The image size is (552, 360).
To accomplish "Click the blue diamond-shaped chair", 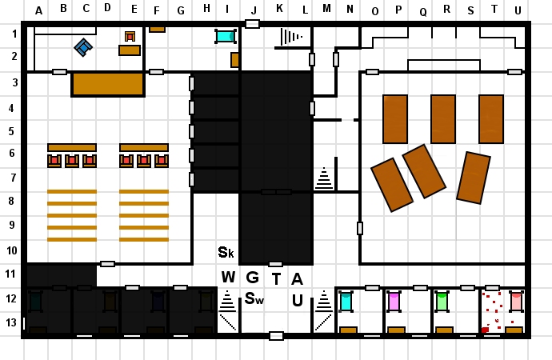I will point(83,47).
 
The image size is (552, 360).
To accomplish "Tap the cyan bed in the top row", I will point(226,36).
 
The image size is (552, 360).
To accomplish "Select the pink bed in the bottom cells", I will point(394,302).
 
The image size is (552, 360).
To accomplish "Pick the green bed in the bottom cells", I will point(442,302).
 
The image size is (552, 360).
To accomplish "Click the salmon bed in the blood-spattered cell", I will point(516,302).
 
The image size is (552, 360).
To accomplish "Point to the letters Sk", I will point(226,253).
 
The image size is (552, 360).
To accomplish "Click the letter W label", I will point(228,278).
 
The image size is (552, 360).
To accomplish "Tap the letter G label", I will point(252,278).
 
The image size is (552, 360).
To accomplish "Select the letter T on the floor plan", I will point(277,279).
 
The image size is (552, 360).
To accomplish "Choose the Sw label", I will point(254,299).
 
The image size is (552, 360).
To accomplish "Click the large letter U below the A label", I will point(297,301).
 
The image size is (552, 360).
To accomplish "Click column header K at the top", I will point(279,9).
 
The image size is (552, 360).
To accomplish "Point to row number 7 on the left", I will point(13,178).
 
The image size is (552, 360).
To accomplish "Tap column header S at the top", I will point(470,10).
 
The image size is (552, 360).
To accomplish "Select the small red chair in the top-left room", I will point(130,36).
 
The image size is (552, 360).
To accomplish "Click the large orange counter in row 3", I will point(108,84).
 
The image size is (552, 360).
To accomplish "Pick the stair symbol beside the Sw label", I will point(227,302).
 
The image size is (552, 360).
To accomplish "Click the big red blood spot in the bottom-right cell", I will point(485,330).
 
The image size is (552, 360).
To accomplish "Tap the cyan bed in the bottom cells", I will point(346,302).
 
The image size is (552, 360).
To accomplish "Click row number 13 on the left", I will point(13,322).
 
